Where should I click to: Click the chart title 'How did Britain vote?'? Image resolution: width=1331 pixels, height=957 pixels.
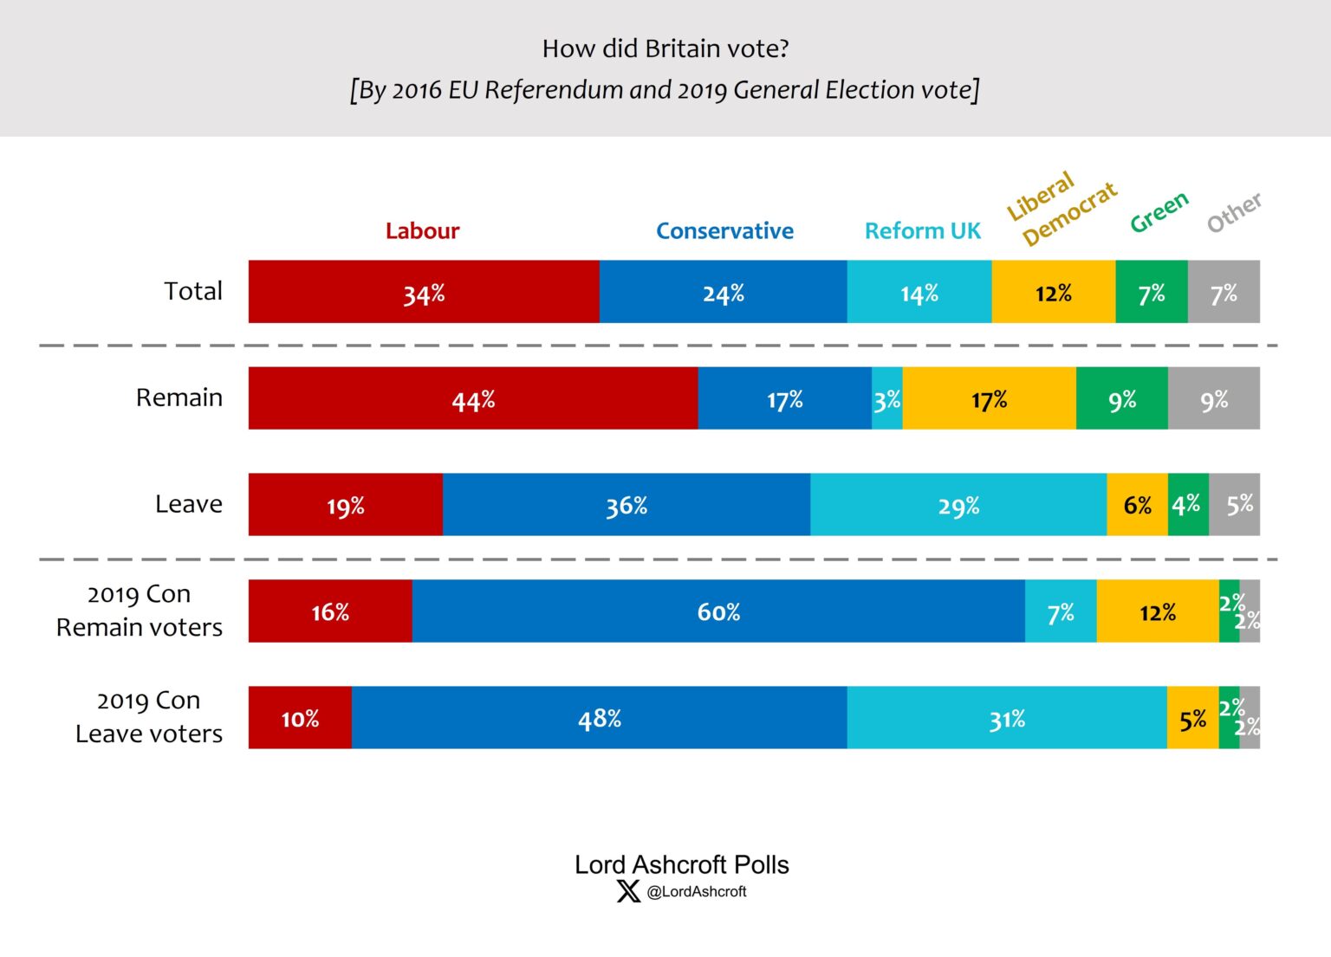click(665, 48)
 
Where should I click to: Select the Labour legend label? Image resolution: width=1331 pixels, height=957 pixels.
click(422, 230)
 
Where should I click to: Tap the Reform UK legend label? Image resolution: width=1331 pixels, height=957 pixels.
click(922, 230)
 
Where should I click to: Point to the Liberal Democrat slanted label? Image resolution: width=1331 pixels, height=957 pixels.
click(1060, 209)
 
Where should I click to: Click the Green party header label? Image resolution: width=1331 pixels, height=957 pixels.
click(1159, 212)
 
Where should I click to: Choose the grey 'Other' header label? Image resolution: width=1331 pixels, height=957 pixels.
click(1234, 213)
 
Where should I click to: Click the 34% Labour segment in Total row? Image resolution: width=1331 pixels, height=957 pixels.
click(424, 293)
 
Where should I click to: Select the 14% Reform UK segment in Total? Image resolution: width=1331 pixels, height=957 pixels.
click(919, 293)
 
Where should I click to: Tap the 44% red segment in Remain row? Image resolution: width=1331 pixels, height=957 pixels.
click(473, 399)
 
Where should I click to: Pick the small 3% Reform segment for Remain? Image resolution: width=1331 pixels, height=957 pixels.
click(886, 399)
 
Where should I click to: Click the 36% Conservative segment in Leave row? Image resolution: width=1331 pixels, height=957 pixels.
click(626, 505)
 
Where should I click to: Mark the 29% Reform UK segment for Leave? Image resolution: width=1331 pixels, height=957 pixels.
click(958, 505)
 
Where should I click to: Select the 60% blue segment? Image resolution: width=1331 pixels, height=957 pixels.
click(718, 611)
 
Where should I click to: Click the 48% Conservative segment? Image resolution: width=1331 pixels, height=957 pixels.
click(599, 718)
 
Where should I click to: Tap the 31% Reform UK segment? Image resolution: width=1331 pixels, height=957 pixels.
click(1006, 718)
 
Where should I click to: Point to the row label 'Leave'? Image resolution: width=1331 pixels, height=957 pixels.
click(188, 504)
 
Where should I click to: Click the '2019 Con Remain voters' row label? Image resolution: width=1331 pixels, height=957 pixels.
click(140, 611)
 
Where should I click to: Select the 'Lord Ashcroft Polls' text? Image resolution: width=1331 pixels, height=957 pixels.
click(681, 864)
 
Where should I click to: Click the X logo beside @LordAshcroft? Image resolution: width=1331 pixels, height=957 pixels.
click(628, 891)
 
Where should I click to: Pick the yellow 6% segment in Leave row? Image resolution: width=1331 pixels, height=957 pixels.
click(1137, 505)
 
